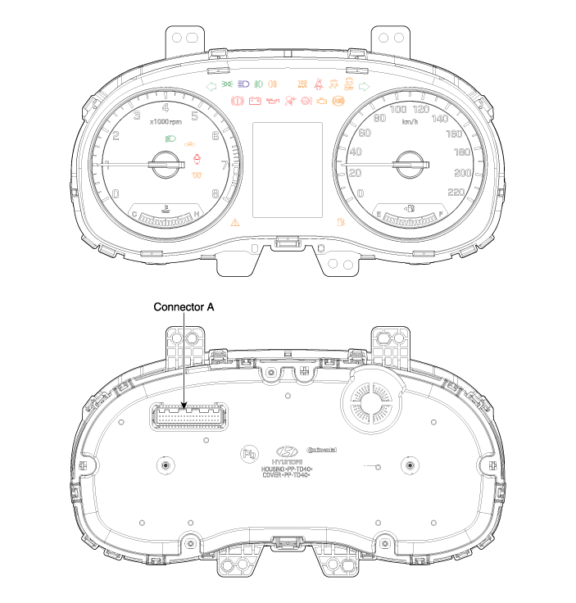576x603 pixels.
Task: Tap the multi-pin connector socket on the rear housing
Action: [187, 417]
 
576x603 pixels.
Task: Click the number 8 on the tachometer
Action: [215, 194]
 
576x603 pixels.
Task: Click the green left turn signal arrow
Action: [211, 84]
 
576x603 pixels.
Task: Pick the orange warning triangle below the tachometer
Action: [236, 222]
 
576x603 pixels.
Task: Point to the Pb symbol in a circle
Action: [248, 452]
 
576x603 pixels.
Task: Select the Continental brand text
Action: [320, 450]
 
